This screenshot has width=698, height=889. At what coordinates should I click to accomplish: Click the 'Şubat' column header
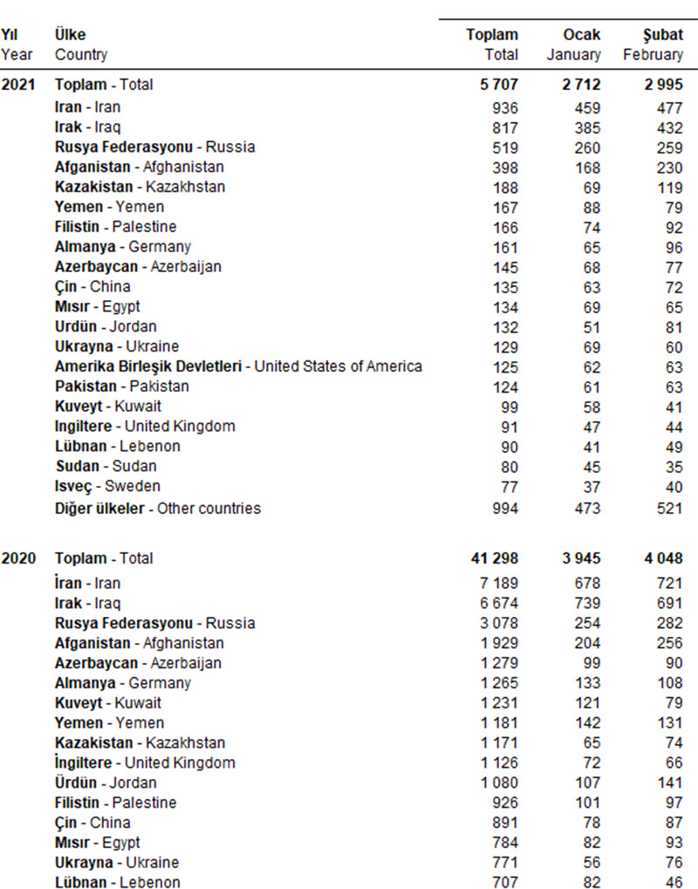[662, 35]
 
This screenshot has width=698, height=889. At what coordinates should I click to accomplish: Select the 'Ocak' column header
[582, 35]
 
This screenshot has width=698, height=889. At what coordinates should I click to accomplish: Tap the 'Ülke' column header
[70, 35]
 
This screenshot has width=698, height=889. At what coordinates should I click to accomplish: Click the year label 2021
[18, 85]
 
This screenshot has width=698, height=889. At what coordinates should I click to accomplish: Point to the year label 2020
[18, 558]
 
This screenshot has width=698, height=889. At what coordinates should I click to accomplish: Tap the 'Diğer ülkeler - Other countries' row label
[158, 508]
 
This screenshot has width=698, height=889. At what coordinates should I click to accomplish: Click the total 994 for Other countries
[504, 508]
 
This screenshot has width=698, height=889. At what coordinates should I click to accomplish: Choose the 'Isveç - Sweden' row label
[108, 486]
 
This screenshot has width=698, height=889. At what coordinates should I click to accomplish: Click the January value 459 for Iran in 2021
[587, 107]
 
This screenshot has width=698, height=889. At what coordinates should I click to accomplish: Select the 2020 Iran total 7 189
[499, 583]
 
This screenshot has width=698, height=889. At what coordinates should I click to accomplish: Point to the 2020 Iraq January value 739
[587, 603]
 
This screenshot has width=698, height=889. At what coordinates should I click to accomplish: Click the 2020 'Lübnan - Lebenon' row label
[118, 882]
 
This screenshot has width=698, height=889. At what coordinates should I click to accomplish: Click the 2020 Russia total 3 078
[499, 623]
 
